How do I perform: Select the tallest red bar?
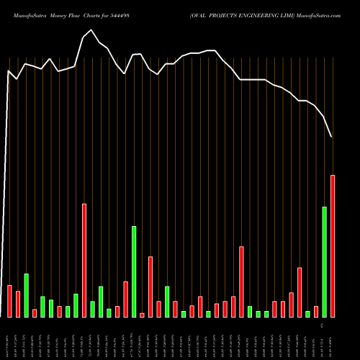point(333,246)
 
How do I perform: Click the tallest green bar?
point(324,261)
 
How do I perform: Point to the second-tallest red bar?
point(84,260)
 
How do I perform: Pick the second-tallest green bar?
point(134,271)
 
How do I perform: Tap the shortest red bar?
point(142,315)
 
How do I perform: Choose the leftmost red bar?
point(9,301)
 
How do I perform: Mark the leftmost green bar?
point(26,295)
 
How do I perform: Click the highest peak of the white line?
point(91,30)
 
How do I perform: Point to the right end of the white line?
point(332,137)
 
